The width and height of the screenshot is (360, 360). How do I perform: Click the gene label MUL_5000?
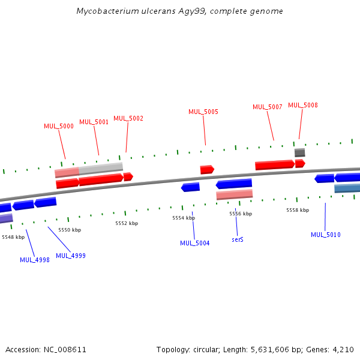(x=59, y=126)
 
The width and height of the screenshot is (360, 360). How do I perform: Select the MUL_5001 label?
(x=94, y=122)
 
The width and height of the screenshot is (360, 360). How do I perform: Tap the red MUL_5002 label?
(x=128, y=118)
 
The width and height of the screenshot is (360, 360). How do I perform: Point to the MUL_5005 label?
(x=203, y=112)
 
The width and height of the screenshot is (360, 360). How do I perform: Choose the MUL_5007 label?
(x=268, y=107)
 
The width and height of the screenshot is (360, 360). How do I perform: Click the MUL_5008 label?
(x=303, y=105)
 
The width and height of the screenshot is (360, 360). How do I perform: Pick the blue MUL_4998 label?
(x=35, y=260)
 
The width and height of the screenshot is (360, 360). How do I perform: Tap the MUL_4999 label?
(x=71, y=256)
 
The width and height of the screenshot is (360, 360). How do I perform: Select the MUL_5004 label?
(x=195, y=243)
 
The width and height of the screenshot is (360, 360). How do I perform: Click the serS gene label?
(x=238, y=239)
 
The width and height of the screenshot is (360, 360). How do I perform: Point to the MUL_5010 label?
(x=326, y=235)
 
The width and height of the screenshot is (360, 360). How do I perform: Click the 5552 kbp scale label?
(x=127, y=223)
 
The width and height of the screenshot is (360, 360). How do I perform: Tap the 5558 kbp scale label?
(x=298, y=210)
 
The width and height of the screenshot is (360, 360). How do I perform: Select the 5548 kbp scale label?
(x=13, y=237)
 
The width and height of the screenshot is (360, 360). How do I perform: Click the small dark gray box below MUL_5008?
(x=300, y=152)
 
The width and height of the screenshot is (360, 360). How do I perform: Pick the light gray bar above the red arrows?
(x=101, y=169)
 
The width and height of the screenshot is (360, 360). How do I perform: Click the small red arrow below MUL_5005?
(x=207, y=170)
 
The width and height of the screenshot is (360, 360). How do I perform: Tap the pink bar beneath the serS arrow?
(x=235, y=194)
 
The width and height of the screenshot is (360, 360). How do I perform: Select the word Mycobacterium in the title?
(x=107, y=11)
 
